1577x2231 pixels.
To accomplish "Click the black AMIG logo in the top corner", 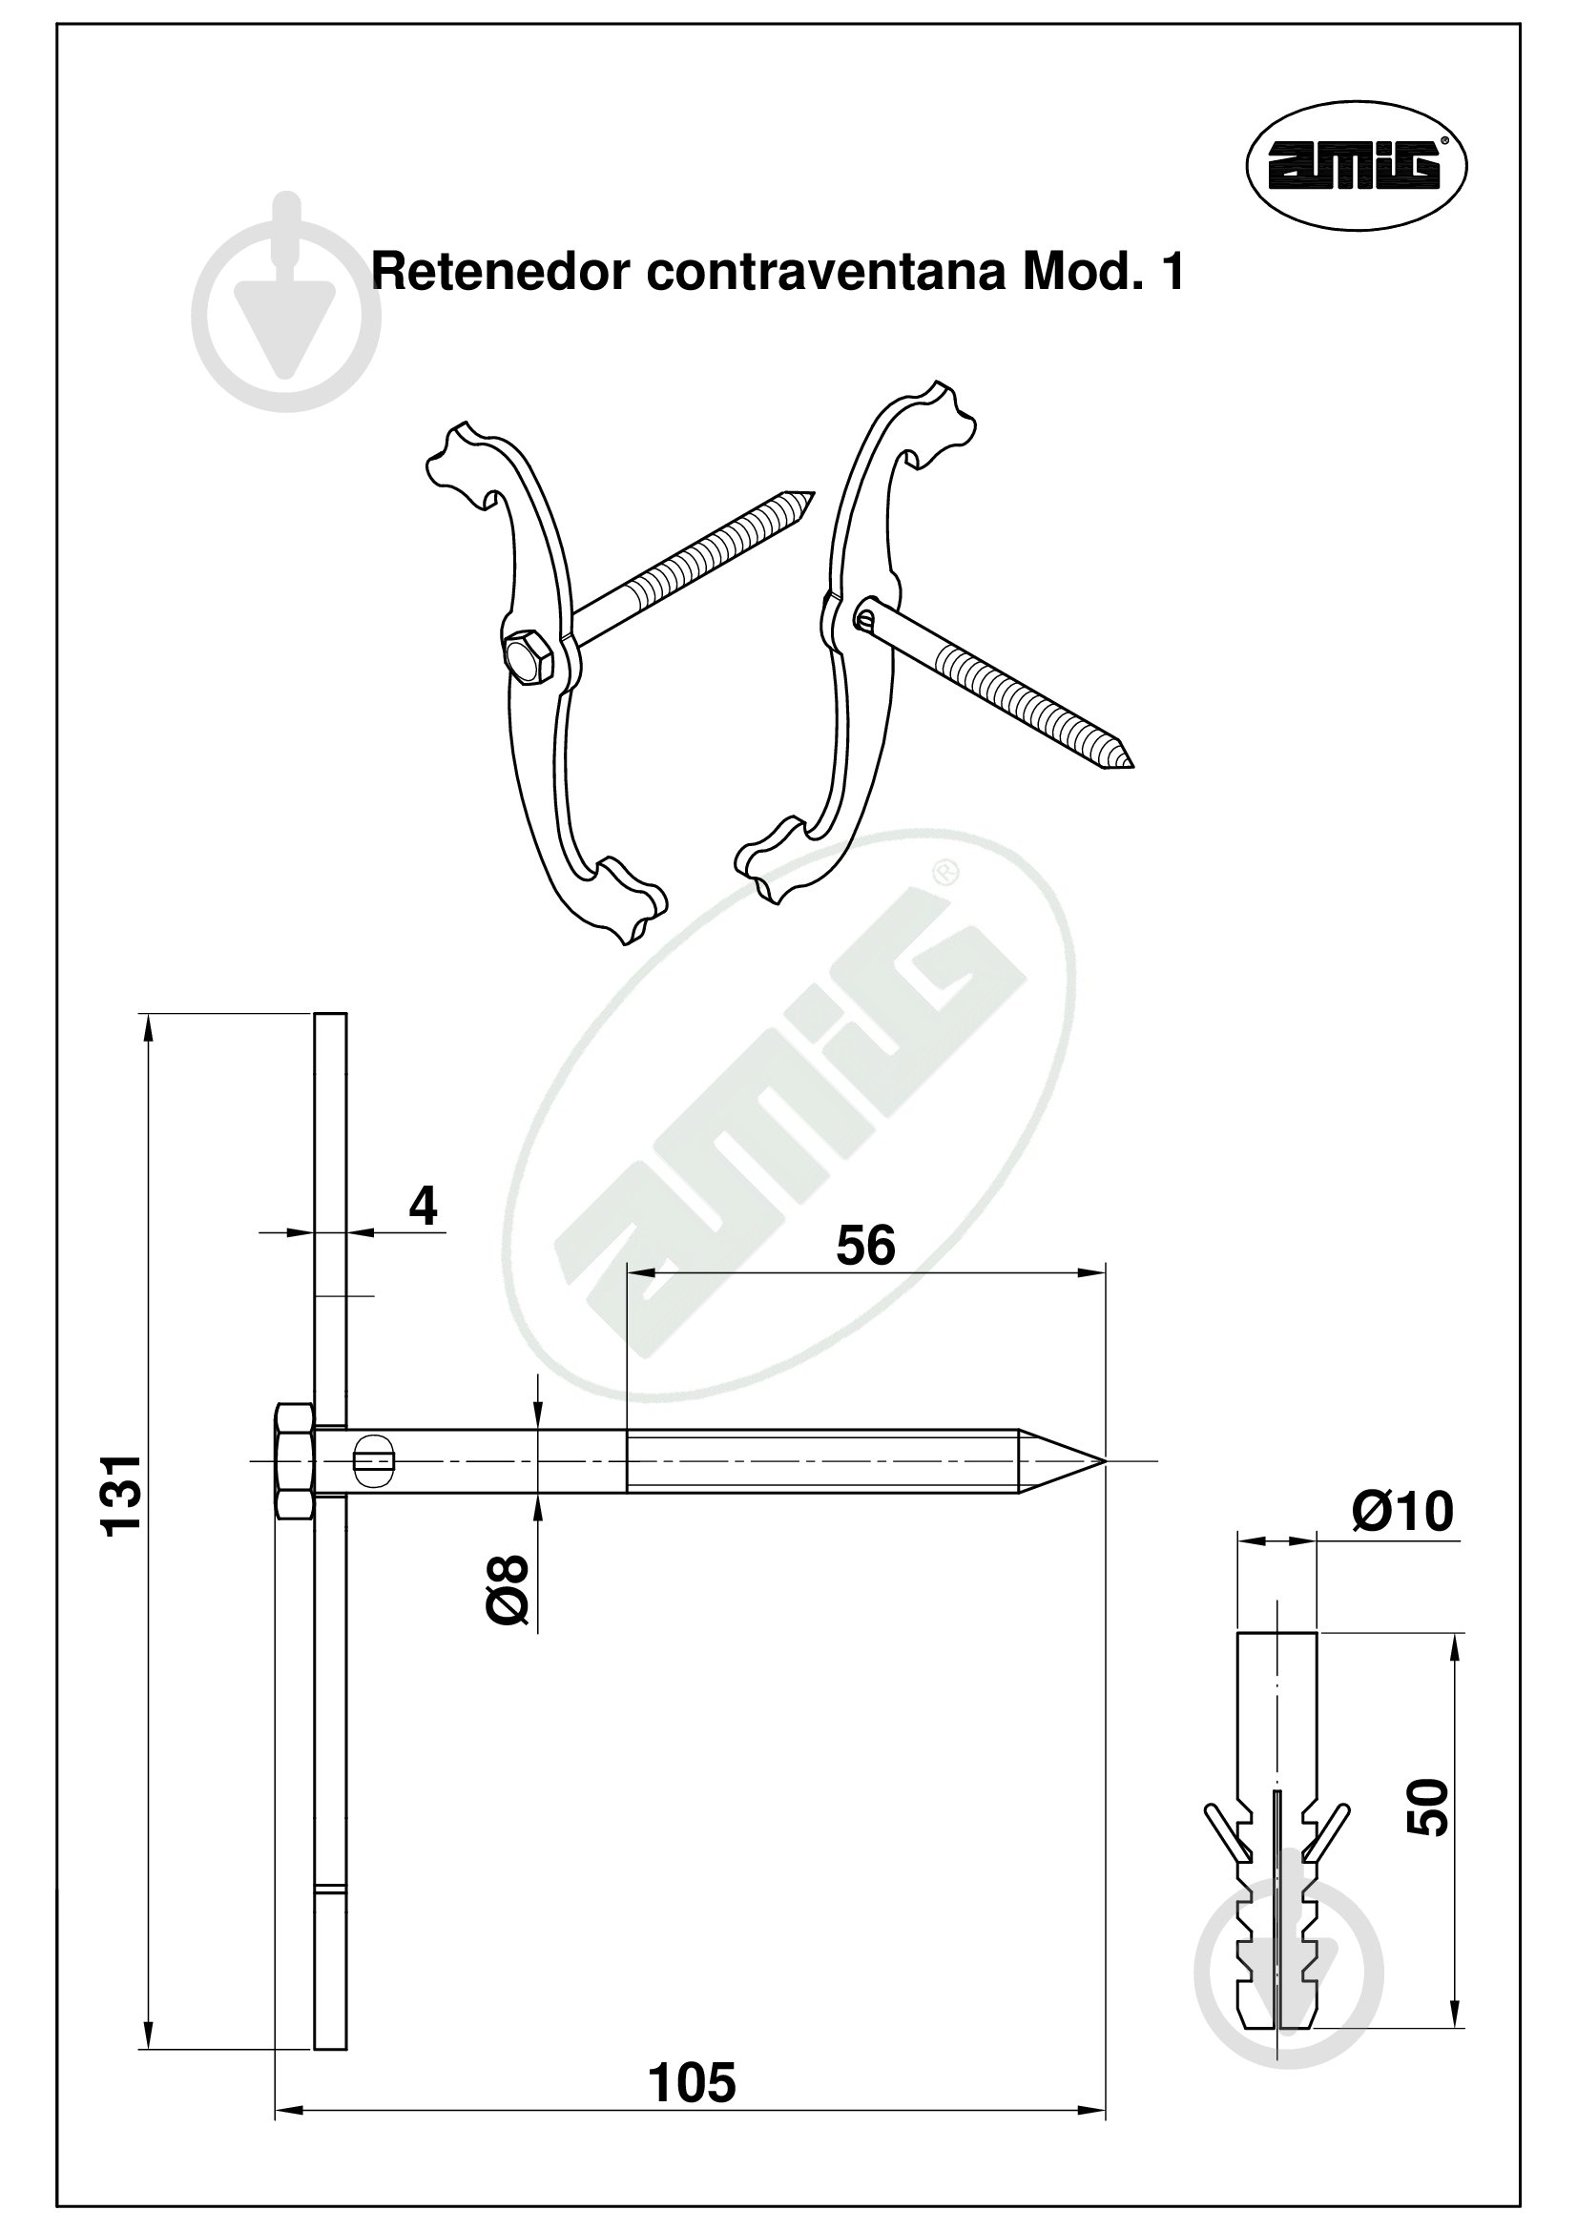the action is tap(1356, 165).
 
